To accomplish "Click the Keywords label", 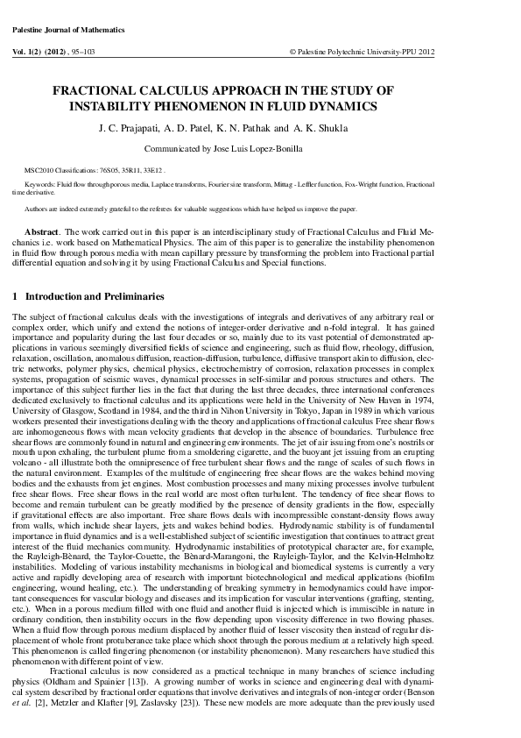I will [40, 185].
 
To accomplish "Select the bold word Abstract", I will [43, 229].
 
